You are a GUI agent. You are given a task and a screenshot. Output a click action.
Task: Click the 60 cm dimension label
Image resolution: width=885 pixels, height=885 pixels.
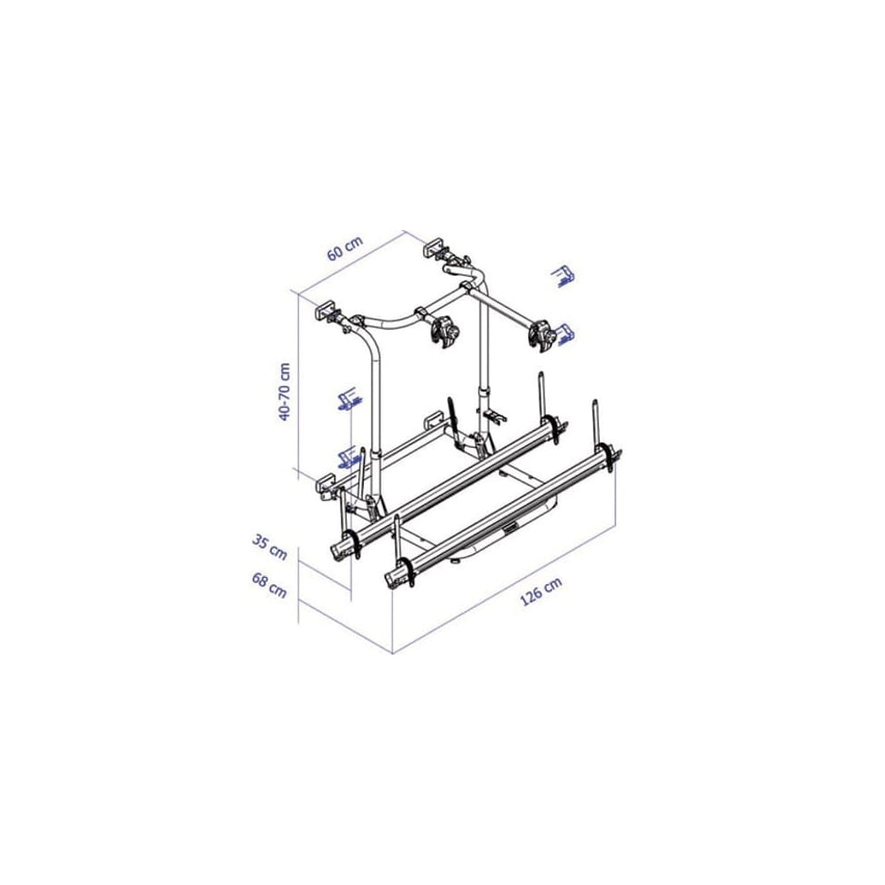345,247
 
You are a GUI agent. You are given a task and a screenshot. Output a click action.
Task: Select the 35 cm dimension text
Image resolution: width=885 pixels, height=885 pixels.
269,547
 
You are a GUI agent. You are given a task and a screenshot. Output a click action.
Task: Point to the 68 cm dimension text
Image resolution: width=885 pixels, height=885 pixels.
269,585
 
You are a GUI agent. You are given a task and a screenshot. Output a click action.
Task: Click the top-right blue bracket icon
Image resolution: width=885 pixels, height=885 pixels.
563,276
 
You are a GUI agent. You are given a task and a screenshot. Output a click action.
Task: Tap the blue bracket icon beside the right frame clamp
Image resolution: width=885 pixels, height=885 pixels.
564,333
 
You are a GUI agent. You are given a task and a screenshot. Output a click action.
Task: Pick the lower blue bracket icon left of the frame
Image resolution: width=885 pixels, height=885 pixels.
348,458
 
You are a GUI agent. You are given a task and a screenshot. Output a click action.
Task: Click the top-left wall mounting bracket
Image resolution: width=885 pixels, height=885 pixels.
326,312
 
